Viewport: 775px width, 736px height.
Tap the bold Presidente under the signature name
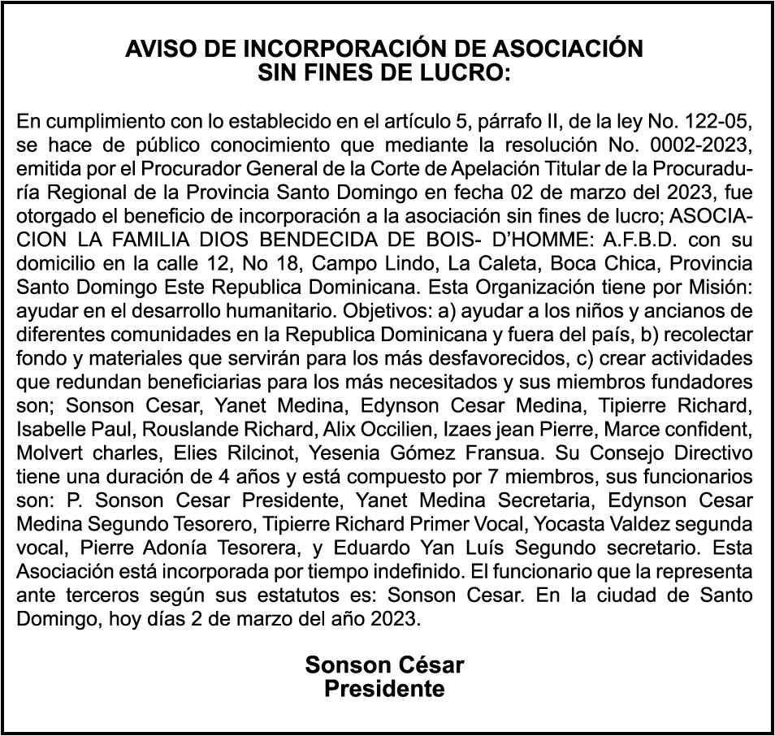click(x=384, y=690)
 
